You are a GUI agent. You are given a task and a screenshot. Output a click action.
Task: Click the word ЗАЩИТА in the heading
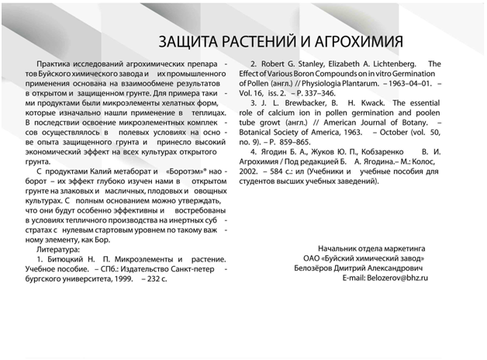[192, 40]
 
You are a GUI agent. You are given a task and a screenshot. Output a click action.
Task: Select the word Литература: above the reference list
[58, 251]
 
